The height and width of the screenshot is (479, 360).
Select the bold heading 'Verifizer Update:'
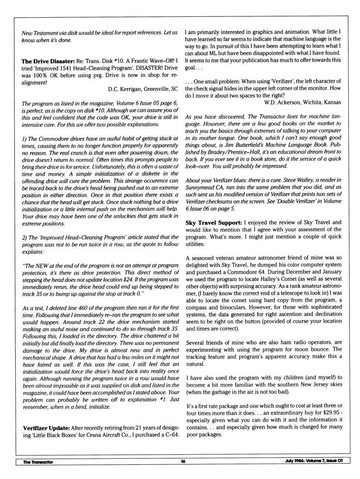[x=46, y=428]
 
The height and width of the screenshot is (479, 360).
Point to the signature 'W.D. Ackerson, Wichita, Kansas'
[x=303, y=102]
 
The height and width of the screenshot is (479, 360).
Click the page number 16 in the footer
[x=183, y=461]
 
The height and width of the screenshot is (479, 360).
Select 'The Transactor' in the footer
[x=38, y=462]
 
